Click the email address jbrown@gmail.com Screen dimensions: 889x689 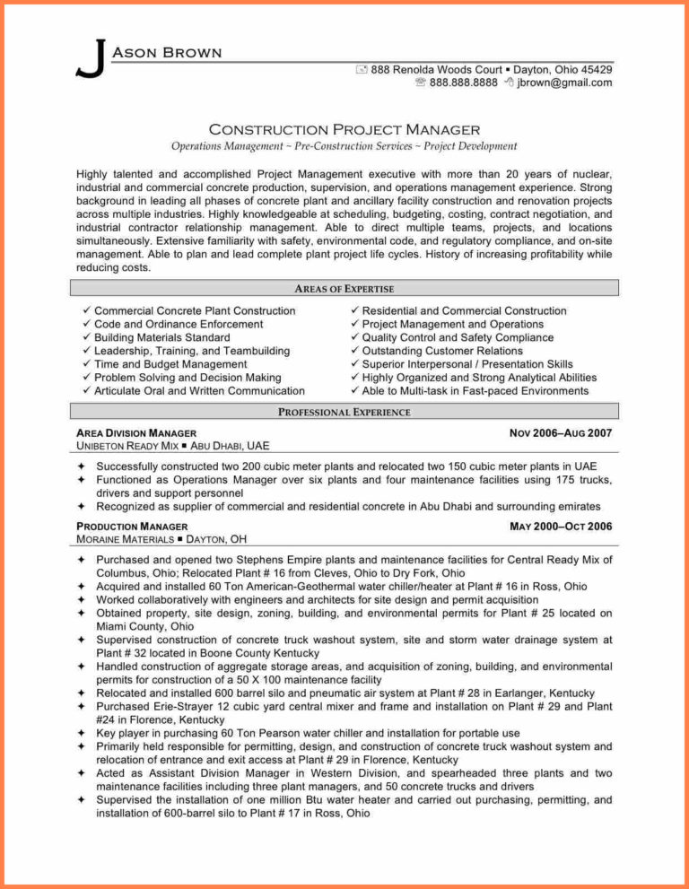point(564,83)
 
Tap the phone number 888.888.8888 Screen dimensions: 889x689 point(463,83)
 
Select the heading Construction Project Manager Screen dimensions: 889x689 point(344,129)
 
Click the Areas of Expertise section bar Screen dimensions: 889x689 point(344,288)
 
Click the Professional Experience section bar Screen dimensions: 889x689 point(344,412)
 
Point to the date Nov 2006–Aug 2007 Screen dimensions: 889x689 point(561,433)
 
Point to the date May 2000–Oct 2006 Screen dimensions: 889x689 point(561,527)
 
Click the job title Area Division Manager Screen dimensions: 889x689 point(136,433)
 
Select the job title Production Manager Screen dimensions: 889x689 point(132,527)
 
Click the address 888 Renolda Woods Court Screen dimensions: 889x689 point(436,69)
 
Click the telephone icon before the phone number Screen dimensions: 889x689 point(420,83)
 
